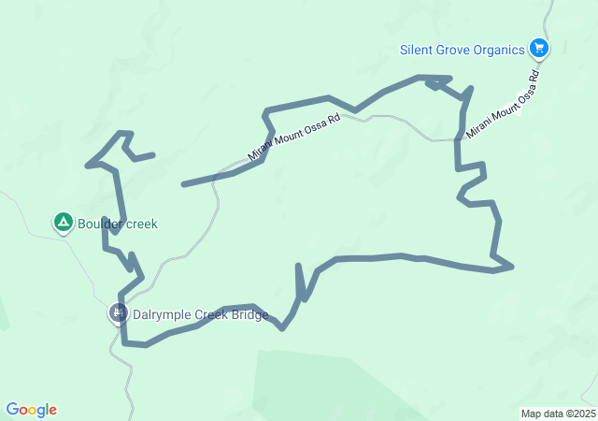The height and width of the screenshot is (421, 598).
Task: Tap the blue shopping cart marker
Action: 538,48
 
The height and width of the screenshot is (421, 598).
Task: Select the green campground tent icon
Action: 63,223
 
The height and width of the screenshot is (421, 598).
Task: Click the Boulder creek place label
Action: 118,224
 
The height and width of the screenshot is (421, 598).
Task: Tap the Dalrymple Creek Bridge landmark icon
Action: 119,313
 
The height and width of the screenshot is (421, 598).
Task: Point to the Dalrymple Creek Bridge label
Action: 201,314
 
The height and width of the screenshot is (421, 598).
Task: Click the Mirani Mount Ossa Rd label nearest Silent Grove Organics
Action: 503,104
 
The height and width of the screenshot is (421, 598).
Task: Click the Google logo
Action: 31,410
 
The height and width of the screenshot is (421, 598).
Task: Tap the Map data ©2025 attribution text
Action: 558,414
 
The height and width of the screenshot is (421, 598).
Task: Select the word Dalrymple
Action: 163,314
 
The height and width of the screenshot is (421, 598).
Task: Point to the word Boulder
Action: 100,224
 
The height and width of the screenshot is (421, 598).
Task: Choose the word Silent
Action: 417,49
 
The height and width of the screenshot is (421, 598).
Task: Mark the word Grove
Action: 452,49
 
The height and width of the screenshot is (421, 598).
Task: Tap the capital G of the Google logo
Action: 12,409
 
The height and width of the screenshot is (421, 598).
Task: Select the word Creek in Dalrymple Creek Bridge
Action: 211,314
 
